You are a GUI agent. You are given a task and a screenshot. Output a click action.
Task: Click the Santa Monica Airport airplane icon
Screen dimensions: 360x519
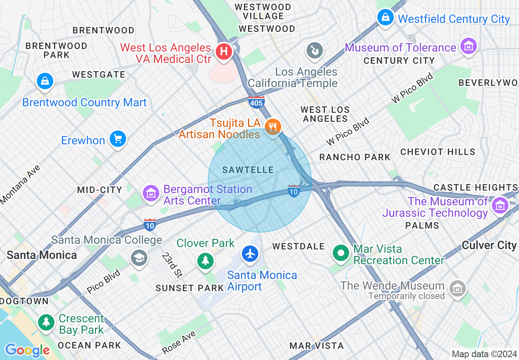pos(250,254)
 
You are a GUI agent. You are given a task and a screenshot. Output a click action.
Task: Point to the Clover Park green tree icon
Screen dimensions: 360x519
pos(205,261)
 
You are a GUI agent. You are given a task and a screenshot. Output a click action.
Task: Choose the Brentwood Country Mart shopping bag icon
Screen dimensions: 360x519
pos(45,81)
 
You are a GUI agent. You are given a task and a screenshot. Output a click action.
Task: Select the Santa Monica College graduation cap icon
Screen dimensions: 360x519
pos(139,258)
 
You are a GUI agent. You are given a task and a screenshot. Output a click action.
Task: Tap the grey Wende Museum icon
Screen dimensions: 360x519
pos(457,288)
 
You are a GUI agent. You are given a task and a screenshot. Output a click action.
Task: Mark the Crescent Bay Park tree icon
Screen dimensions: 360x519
pos(46,322)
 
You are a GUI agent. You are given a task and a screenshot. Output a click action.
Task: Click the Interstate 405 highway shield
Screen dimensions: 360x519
pos(256,101)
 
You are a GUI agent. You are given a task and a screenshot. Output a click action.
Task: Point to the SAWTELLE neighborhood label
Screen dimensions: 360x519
pos(248,170)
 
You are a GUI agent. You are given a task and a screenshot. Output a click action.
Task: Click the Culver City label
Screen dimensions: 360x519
pos(489,245)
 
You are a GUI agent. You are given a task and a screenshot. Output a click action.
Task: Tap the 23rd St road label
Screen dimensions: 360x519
pos(172,265)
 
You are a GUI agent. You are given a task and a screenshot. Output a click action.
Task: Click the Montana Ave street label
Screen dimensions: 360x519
pos(20,184)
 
